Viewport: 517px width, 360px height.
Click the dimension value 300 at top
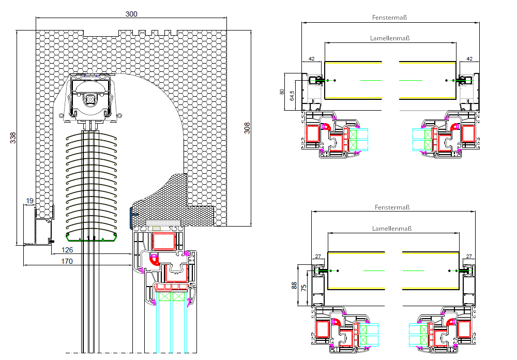coord(131,14)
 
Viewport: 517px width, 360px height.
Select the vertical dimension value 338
coord(13,138)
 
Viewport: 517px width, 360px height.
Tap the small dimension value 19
coord(29,201)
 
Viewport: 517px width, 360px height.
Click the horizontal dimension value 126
coord(67,250)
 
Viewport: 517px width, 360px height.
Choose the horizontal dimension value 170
coord(67,261)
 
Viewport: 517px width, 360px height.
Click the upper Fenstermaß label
coord(389,18)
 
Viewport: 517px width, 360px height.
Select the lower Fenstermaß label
coord(392,207)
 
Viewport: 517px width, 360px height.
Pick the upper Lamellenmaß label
coord(390,38)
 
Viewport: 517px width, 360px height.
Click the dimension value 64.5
coord(292,96)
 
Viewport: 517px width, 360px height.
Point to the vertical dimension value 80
coord(282,92)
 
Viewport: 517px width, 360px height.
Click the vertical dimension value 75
coord(305,288)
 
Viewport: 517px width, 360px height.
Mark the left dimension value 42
coord(311,58)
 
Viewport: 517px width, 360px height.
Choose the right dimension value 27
coord(469,256)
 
